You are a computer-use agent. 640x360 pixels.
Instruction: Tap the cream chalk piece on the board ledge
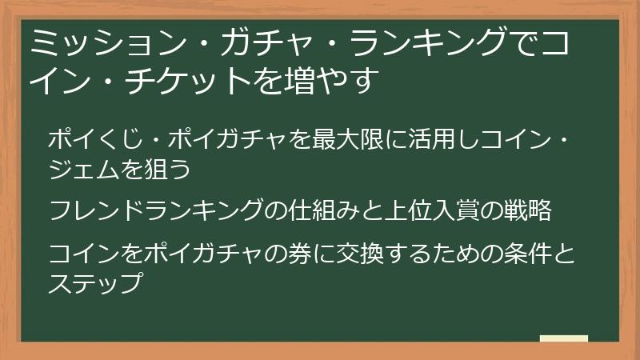point(564,338)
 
